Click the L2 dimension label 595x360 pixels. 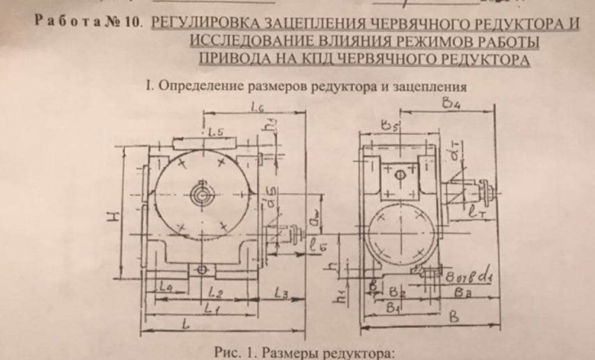pos(214,293)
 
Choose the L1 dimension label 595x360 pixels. pos(213,307)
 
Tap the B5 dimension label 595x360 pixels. pos(385,124)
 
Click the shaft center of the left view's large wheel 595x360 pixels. pos(205,190)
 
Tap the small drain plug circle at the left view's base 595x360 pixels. pos(205,268)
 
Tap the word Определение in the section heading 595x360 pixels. pos(198,87)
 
